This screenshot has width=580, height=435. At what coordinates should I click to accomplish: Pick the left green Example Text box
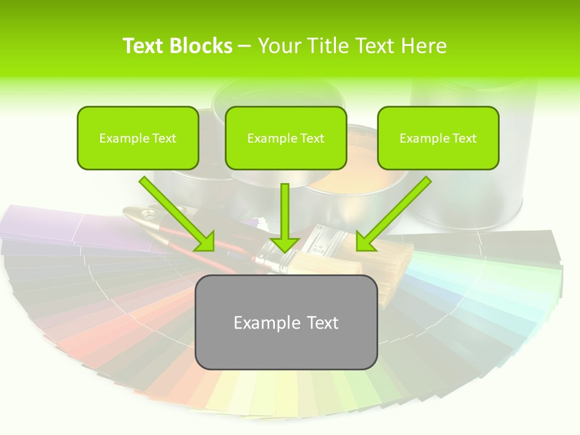138,138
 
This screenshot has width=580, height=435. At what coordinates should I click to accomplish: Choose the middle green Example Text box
286,138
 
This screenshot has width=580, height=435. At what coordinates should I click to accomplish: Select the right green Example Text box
438,138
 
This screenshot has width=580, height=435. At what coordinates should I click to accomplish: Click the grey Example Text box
286,323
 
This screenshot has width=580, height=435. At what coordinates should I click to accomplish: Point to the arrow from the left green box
178,214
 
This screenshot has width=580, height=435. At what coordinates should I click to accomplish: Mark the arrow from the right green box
393,214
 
